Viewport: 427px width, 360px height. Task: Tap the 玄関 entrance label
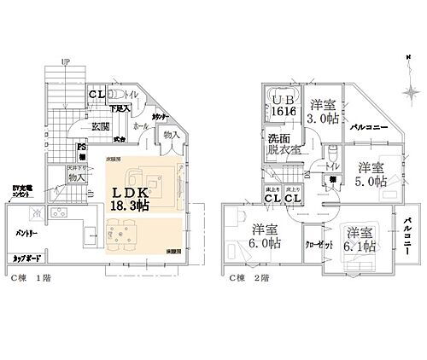100,126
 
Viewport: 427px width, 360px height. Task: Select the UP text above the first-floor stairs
65,61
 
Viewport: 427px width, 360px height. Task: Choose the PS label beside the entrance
82,147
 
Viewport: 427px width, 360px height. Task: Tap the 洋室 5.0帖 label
371,174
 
